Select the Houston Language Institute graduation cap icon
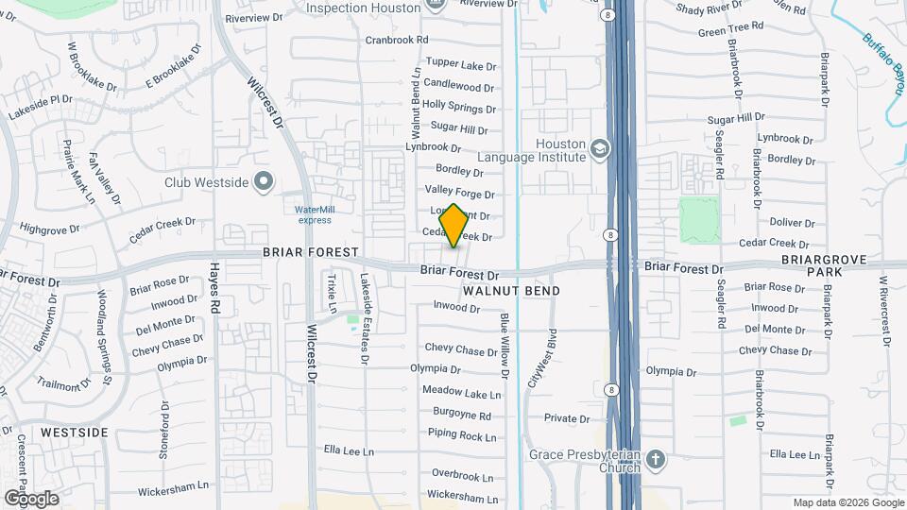click(x=599, y=148)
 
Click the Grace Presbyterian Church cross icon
click(x=657, y=461)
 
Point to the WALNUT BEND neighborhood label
click(x=511, y=291)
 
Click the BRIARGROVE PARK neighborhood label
click(x=811, y=264)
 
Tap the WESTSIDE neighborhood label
click(x=74, y=432)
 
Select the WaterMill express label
click(x=314, y=214)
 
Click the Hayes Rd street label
click(x=215, y=288)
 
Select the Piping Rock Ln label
click(x=462, y=435)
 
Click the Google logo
click(x=31, y=498)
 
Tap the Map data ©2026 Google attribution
click(x=847, y=502)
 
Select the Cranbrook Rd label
click(x=397, y=40)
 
